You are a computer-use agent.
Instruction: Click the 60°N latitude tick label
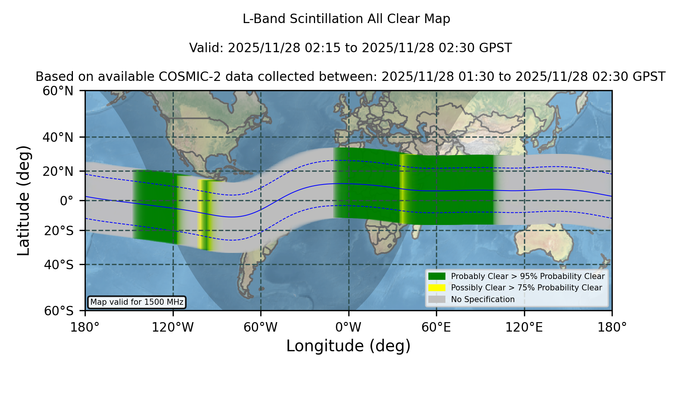tap(58, 91)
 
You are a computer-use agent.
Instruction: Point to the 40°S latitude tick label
tap(59, 265)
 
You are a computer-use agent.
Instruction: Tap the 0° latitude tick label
tap(66, 201)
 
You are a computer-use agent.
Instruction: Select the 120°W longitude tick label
tap(173, 327)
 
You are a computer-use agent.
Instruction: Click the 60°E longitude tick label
tap(436, 327)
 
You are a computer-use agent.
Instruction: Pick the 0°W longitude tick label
tap(349, 327)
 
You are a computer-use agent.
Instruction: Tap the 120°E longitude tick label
tap(524, 327)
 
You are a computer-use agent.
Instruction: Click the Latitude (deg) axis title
tap(23, 201)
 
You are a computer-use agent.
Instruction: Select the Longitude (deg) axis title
tap(348, 346)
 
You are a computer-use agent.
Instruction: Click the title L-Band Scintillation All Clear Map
tap(346, 19)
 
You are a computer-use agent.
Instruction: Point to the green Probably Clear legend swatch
tap(437, 276)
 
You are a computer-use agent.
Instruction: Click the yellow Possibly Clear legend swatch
tap(437, 288)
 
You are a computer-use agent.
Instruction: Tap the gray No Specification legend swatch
tap(437, 299)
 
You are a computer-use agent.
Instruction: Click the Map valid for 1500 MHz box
tap(137, 302)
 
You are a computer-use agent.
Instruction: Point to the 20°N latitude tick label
tap(58, 171)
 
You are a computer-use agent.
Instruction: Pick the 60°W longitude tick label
tap(261, 327)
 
